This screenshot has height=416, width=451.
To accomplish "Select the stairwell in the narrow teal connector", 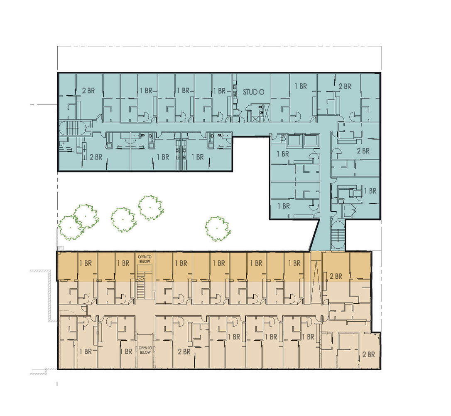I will [338, 235].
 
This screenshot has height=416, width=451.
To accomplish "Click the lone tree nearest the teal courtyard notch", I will [217, 228].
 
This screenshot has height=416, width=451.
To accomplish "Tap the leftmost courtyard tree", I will [71, 227].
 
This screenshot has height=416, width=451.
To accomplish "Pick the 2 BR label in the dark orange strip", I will [336, 276].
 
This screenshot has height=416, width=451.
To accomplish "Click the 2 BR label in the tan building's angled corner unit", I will [368, 354].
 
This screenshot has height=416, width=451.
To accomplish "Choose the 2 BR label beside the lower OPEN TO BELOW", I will [184, 352].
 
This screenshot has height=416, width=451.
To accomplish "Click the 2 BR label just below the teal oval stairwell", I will [96, 157].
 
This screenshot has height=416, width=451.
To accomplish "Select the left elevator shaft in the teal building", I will [295, 140].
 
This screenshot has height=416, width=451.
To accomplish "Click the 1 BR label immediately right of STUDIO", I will [301, 86].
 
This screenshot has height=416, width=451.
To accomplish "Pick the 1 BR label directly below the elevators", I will [283, 154].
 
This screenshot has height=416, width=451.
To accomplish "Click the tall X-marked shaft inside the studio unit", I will [266, 112].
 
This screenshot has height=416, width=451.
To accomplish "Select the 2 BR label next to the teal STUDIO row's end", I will [344, 87].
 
